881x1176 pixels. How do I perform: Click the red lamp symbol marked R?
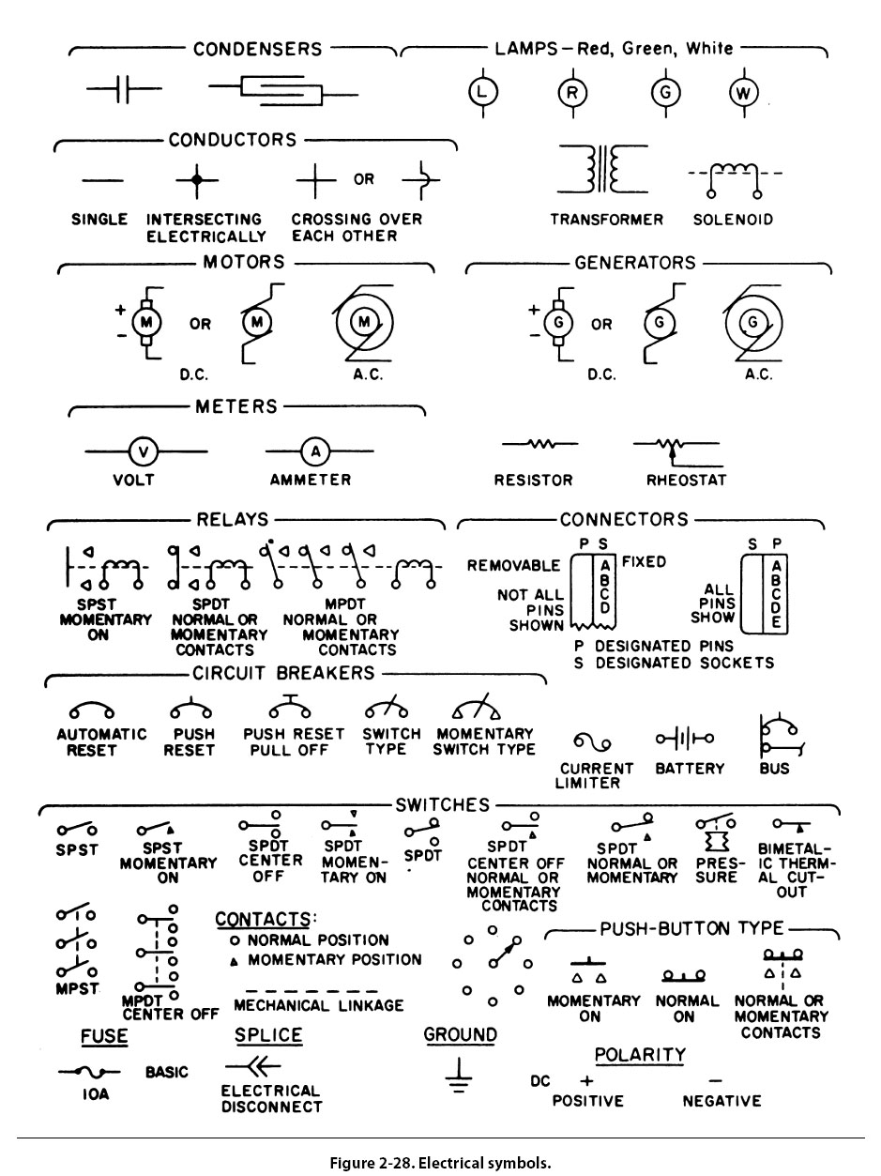(x=572, y=92)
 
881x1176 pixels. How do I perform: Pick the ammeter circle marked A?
(x=315, y=452)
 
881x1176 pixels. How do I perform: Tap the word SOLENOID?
(x=734, y=220)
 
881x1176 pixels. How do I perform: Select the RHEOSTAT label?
(x=686, y=481)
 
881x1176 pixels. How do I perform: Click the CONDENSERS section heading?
(x=257, y=49)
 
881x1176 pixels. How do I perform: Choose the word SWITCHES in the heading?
(x=443, y=804)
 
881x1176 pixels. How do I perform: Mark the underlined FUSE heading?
(x=104, y=1037)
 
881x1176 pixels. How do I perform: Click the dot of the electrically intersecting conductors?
(x=195, y=178)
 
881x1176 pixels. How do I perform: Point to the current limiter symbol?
(x=593, y=743)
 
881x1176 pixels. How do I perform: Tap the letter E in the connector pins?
(x=775, y=623)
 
